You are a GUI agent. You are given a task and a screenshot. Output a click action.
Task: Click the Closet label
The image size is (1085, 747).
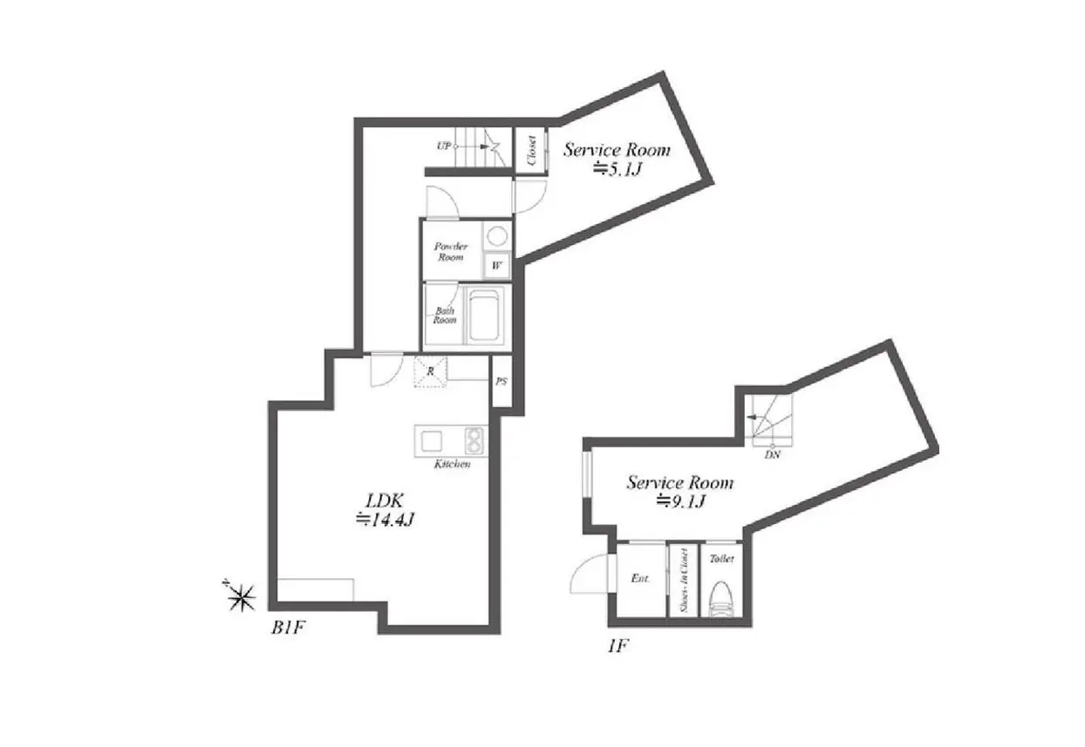(532, 151)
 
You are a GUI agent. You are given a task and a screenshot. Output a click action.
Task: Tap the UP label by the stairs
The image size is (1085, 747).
(444, 146)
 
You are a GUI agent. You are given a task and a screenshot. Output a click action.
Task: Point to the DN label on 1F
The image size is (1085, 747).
(772, 455)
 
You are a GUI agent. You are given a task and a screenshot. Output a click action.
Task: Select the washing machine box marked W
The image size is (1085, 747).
(497, 265)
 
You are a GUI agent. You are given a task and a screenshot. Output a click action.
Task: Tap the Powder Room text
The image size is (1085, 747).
(451, 252)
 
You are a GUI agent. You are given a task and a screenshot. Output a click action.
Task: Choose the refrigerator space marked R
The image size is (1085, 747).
(430, 371)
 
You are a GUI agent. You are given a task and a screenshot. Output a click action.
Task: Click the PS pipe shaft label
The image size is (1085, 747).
(502, 382)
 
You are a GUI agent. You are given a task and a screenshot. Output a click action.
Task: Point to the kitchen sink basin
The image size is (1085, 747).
(431, 441)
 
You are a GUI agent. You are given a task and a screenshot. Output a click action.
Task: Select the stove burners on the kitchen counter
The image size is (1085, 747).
(474, 440)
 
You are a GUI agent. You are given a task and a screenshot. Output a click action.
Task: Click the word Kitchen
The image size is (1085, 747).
(452, 465)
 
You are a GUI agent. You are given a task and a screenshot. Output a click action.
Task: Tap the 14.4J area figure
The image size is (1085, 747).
(386, 520)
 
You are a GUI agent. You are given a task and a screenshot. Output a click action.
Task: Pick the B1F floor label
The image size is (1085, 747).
(288, 628)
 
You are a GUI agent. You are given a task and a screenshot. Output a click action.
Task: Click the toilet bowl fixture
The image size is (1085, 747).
(721, 599)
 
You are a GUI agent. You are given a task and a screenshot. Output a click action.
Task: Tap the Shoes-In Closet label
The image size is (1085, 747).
(684, 581)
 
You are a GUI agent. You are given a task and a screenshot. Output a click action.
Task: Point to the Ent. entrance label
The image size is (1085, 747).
(640, 579)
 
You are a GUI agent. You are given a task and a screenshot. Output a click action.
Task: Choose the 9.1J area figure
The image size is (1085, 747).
(680, 502)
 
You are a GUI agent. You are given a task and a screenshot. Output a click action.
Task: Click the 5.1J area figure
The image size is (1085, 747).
(618, 168)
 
